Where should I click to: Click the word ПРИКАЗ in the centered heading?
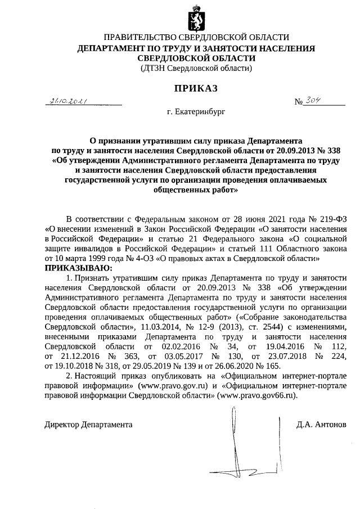click(196, 88)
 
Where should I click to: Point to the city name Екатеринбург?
click(195, 112)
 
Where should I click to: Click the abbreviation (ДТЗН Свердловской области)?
click(196, 68)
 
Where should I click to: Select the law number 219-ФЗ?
click(328, 219)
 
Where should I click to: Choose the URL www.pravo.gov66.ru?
click(260, 395)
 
